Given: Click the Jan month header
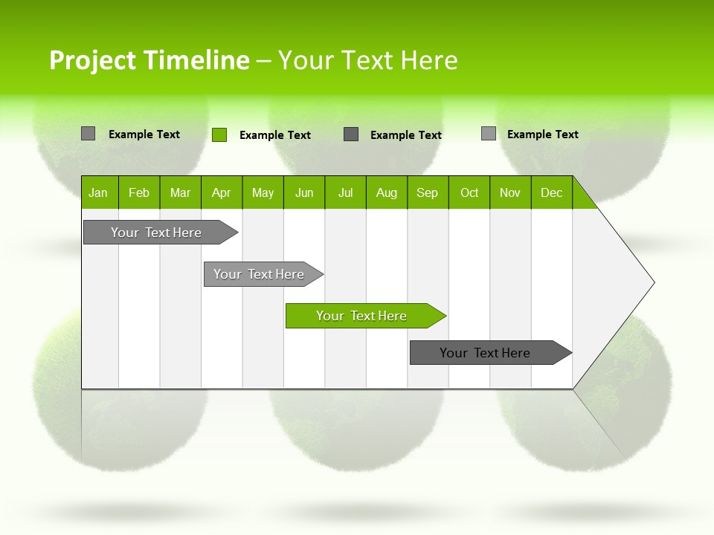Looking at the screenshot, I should click(x=99, y=192).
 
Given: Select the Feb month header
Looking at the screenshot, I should click(x=139, y=192).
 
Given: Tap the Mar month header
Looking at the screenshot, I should click(x=180, y=192).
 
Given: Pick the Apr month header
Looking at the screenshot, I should click(x=222, y=192).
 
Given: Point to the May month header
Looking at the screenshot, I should click(x=263, y=192).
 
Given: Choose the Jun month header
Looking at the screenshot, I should click(x=304, y=192).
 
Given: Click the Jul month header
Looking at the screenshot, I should click(x=345, y=192).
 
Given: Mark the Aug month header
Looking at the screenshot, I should click(x=387, y=192).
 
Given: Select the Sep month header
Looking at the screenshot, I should click(x=428, y=192).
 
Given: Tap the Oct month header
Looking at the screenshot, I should click(x=469, y=192).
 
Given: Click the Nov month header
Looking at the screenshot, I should click(x=510, y=192).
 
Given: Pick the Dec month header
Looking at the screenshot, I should click(x=552, y=192).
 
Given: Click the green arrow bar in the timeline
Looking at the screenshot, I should click(x=362, y=316).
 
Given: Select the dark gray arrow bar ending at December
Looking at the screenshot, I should click(x=486, y=353).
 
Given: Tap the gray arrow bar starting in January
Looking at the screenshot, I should click(x=157, y=233).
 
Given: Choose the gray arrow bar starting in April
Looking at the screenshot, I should click(x=260, y=274).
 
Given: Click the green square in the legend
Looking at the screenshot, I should click(x=219, y=134).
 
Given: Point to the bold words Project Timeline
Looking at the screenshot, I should click(x=149, y=60).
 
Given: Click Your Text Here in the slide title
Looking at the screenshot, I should click(x=367, y=60).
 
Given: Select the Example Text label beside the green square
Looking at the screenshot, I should click(x=275, y=135).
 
